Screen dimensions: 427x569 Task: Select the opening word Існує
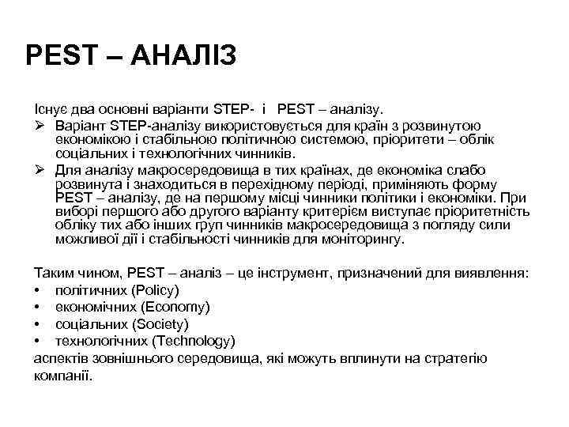49,106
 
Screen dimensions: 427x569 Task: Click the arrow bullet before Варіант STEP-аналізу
40,127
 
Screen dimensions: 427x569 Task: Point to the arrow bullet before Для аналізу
40,171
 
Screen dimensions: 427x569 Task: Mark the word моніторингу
363,239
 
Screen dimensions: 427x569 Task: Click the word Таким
52,273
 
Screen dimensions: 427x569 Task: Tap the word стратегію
456,358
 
